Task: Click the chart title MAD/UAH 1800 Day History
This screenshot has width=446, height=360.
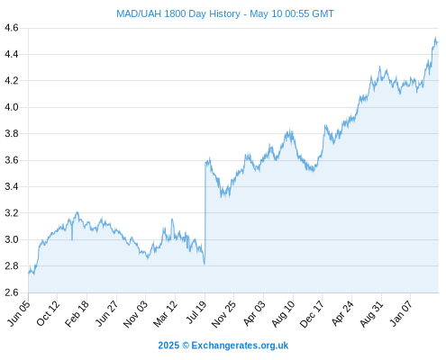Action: pos(178,13)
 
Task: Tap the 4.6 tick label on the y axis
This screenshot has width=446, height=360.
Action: pos(12,28)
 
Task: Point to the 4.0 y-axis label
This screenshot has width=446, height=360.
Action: pos(12,107)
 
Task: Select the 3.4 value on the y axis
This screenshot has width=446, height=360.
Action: pos(12,186)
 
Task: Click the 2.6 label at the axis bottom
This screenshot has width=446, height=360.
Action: pos(12,292)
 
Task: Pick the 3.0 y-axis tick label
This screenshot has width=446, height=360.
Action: pos(12,239)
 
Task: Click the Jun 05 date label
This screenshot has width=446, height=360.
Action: pos(19,313)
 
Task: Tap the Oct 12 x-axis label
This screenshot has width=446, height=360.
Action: pos(48,313)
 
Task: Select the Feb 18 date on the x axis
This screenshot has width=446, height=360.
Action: pos(77,313)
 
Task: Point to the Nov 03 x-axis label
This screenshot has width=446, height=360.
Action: pos(136,313)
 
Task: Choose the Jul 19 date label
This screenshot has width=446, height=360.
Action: pos(196,312)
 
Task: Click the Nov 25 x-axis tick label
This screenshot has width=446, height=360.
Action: pos(224,313)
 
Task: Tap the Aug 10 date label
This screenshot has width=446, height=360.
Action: pos(283,313)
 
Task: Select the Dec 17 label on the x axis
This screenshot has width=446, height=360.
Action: pos(312,313)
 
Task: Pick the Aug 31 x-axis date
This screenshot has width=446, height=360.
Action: pos(372,313)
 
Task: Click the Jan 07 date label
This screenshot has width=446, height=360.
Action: pos(401,313)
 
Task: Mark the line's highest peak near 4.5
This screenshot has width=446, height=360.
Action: pos(435,37)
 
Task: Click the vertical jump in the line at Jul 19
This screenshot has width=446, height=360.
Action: pos(205,213)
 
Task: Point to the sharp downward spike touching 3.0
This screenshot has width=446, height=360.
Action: pos(72,231)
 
